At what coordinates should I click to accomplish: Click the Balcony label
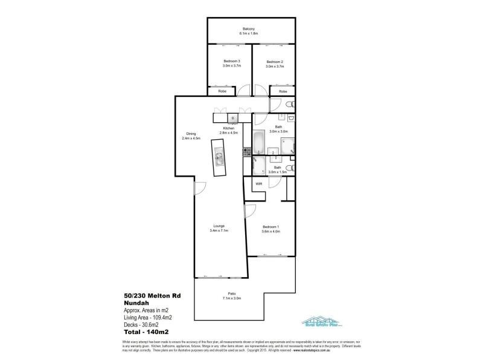[x=249, y=29]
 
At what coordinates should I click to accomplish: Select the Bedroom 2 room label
[x=275, y=62]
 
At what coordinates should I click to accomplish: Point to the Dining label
[x=191, y=134]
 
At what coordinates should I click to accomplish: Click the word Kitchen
[x=228, y=128]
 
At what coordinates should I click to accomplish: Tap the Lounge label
[x=219, y=226]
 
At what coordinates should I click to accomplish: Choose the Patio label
[x=232, y=295]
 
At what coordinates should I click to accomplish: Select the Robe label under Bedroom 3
[x=222, y=91]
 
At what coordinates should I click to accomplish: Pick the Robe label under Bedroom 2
[x=283, y=91]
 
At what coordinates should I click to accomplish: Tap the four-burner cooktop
[x=246, y=153]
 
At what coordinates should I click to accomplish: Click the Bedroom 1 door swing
[x=249, y=211]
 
